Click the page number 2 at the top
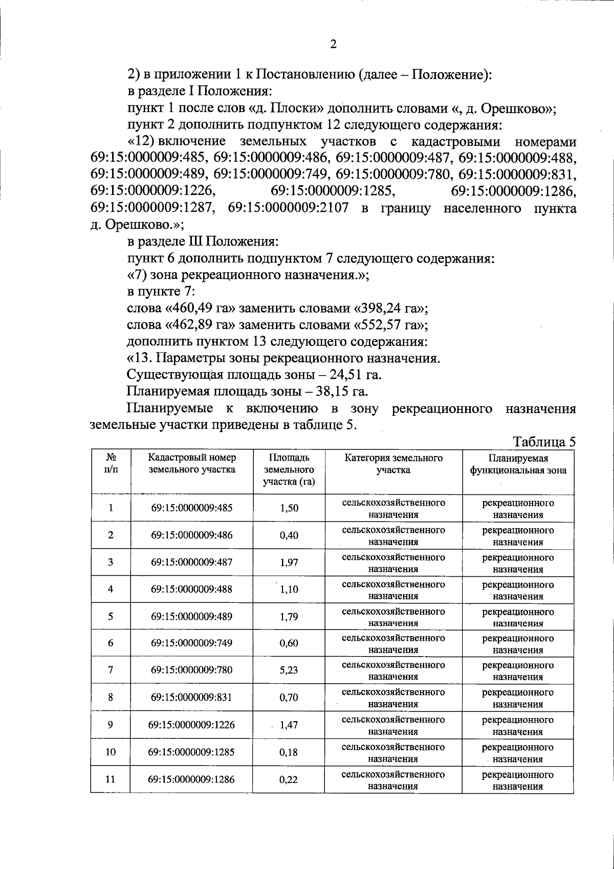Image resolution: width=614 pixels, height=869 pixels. click(333, 45)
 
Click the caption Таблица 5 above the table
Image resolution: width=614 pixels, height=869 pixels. click(544, 442)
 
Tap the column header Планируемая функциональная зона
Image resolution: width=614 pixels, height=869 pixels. click(518, 465)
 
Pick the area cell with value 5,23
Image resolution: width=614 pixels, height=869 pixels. click(289, 670)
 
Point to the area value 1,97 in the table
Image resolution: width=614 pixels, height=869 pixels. click(289, 562)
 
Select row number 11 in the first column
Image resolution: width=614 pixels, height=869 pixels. click(110, 779)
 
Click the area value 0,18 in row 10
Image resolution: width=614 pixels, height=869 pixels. click(289, 752)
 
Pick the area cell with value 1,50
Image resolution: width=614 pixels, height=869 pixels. click(289, 508)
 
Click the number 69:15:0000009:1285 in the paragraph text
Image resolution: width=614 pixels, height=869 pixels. click(333, 191)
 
